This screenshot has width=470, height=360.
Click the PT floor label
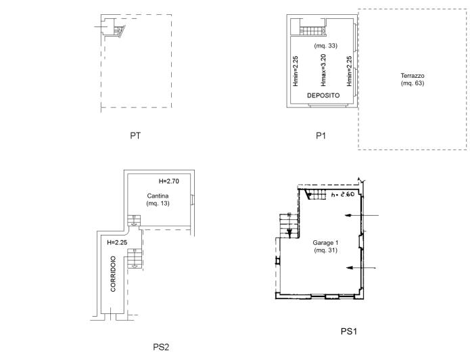pos(135,136)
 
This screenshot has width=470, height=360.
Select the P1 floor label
pos(321,136)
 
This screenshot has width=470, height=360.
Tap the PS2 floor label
pos(160,347)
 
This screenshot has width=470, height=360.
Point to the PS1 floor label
pos(348,332)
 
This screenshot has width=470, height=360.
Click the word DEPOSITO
pos(323,96)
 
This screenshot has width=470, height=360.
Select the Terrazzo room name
pos(411,75)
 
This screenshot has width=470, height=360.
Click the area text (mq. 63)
pos(411,83)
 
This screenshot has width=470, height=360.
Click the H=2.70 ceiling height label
pos(170,181)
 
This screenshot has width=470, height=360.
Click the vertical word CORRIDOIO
pos(114,274)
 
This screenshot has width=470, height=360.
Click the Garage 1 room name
pos(325,243)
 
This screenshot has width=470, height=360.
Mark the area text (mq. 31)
pos(325,251)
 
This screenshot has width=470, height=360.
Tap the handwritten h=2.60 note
pos(344,195)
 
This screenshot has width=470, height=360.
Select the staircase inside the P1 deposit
pos(313,30)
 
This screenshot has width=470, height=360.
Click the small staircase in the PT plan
pos(118,30)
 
